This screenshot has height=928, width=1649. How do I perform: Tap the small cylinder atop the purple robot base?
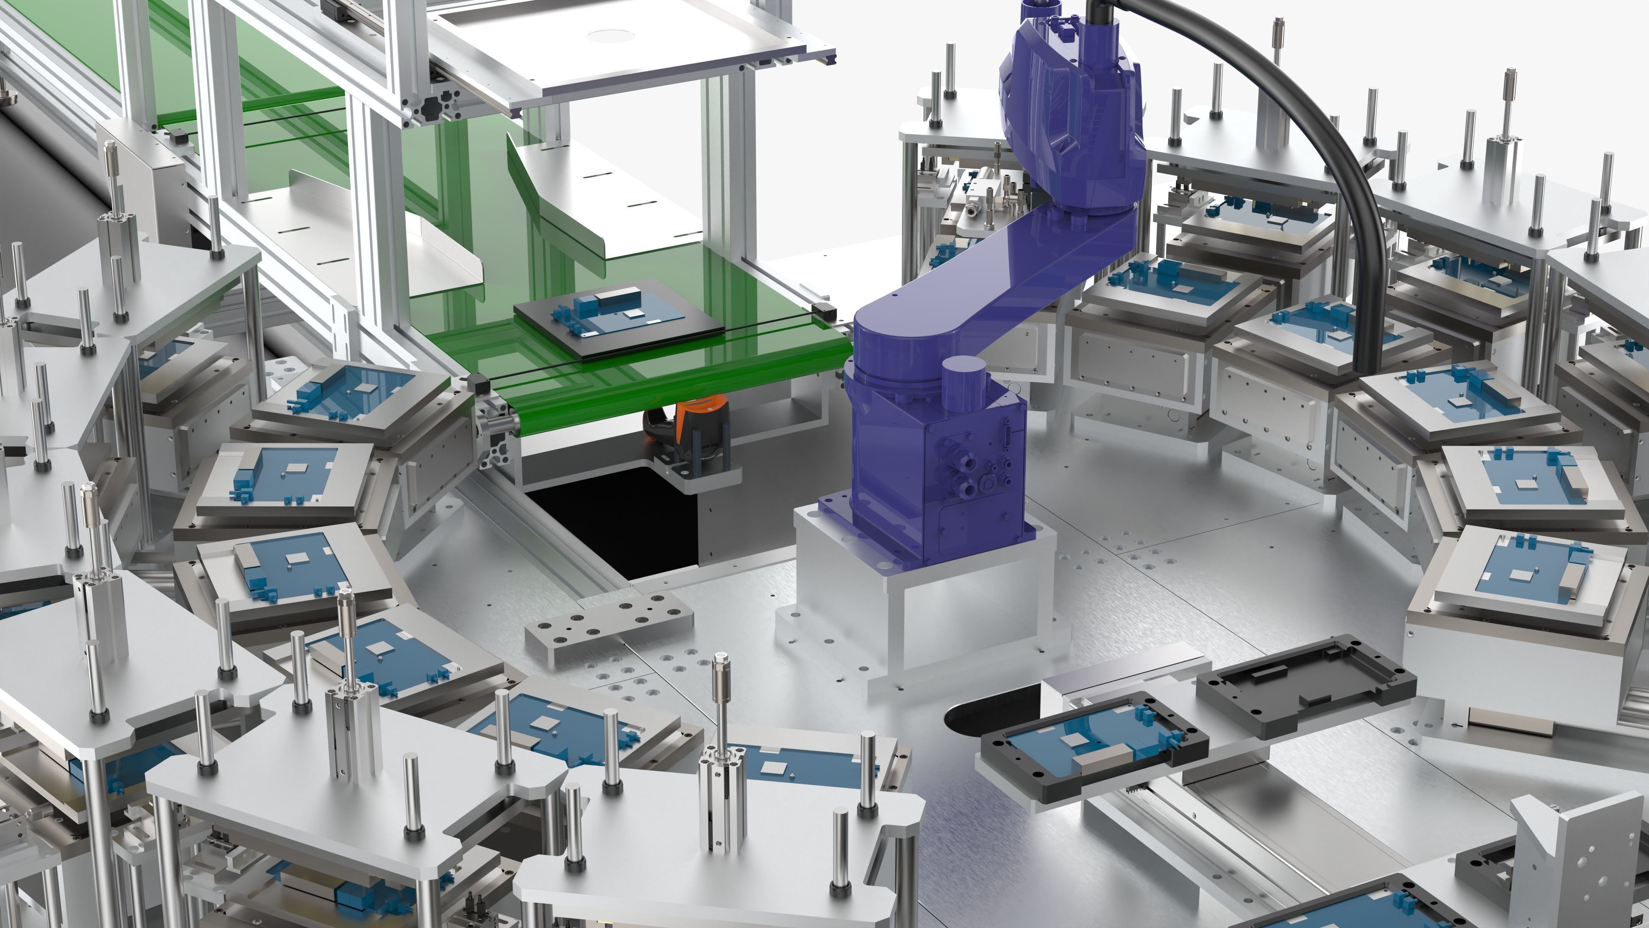[x=963, y=378]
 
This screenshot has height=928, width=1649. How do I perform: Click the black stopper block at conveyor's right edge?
[x=825, y=312]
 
